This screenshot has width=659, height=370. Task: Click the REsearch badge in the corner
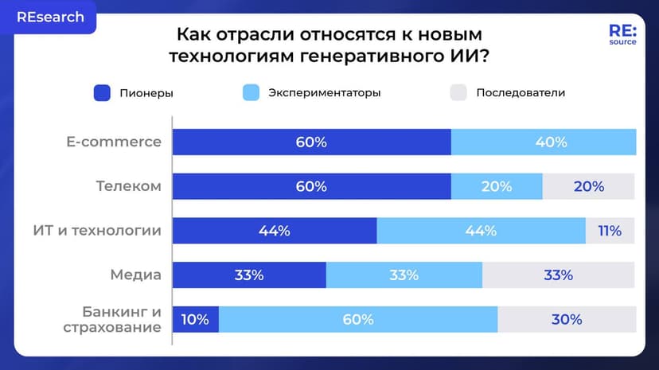point(49,18)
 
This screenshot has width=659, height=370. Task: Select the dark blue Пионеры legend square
point(101,92)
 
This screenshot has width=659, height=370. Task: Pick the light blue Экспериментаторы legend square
point(251,92)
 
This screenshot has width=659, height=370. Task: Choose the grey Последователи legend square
point(458,92)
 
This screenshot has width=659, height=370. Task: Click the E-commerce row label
point(114,142)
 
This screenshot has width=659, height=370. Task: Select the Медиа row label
point(135,275)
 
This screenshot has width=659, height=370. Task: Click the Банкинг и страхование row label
point(122,319)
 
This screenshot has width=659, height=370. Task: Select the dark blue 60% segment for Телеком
point(311,187)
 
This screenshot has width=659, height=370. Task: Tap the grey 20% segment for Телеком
point(588,187)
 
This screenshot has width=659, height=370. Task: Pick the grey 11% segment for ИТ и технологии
point(610,231)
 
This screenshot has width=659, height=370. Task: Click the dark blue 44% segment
point(275,231)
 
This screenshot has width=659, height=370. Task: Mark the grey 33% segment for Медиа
point(559,275)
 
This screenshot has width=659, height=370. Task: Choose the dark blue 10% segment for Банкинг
point(195,320)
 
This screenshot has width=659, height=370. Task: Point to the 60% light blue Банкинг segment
point(358,320)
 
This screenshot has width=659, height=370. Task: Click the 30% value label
point(567,320)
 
